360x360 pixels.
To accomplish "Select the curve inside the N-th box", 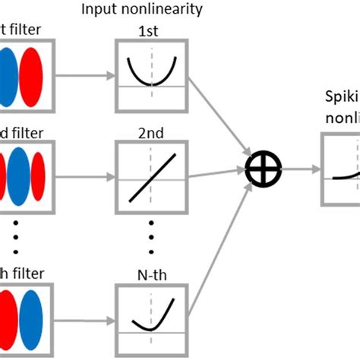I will pos(151,318).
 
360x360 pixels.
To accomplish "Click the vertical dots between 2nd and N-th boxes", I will pos(151,235).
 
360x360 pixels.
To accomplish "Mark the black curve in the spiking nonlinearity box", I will pos(346,154).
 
